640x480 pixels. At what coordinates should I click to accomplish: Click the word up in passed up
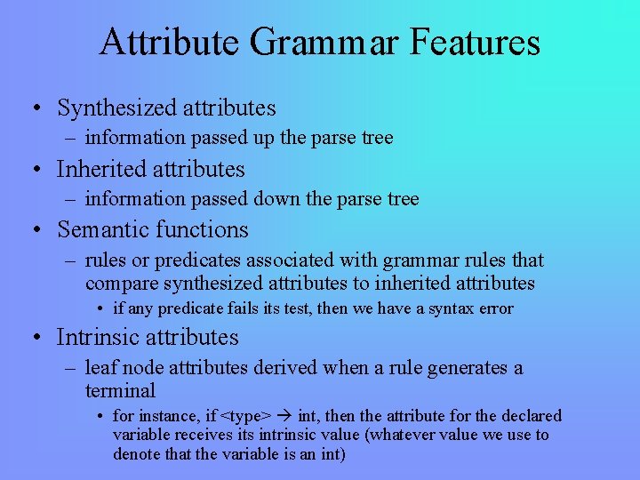[265, 138]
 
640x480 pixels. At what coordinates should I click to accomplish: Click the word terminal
[120, 391]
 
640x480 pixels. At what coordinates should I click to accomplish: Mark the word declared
[530, 416]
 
